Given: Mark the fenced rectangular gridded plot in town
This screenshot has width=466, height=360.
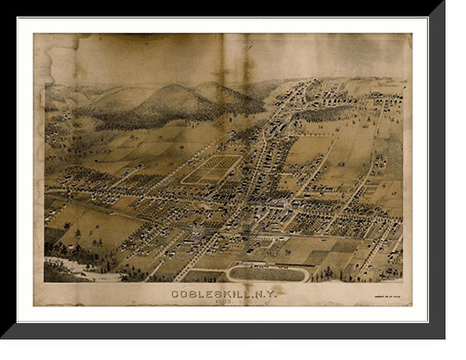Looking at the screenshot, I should pos(212,169).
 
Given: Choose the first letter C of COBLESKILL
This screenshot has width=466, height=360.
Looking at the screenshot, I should pos(174,294).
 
